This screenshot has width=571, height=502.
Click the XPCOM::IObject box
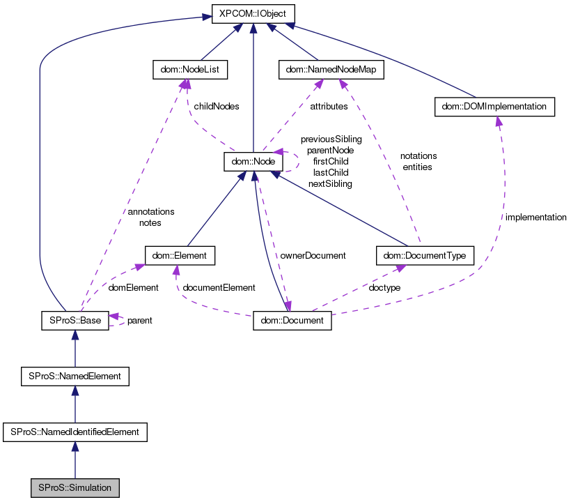[x=253, y=14]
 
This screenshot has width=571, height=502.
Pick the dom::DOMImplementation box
[x=494, y=107]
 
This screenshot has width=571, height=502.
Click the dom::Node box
[x=252, y=162]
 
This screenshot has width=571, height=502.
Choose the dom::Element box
[x=180, y=256]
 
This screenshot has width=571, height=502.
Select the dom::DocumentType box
[x=425, y=256]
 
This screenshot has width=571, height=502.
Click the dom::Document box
[x=292, y=321]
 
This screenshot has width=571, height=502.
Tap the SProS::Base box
[x=75, y=321]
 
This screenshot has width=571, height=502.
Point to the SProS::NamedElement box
[x=75, y=376]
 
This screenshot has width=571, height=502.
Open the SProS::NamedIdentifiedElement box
[x=75, y=432]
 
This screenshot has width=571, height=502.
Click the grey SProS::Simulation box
[x=75, y=487]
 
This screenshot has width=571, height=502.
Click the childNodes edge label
[x=216, y=107]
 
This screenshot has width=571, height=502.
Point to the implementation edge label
[x=535, y=218]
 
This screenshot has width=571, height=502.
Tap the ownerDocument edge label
[x=313, y=255]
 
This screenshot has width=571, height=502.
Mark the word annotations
[x=150, y=211]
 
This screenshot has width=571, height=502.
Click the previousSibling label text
[x=331, y=139]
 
